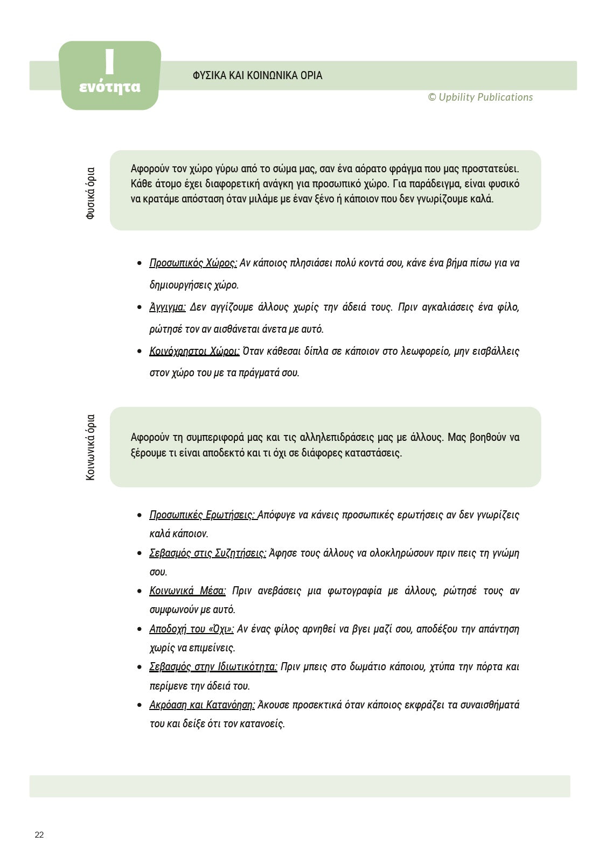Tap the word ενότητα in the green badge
pyautogui.click(x=110, y=87)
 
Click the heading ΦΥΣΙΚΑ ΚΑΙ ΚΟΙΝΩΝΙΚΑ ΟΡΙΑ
pyautogui.click(x=257, y=76)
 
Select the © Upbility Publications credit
pyautogui.click(x=480, y=97)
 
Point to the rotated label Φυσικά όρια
pyautogui.click(x=90, y=193)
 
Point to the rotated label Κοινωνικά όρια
pyautogui.click(x=90, y=447)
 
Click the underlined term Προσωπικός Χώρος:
pyautogui.click(x=193, y=263)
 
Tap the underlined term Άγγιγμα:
pyautogui.click(x=168, y=307)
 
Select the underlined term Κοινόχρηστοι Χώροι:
pyautogui.click(x=194, y=352)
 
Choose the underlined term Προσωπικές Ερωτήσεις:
pyautogui.click(x=203, y=515)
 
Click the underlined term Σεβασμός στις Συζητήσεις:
pyautogui.click(x=207, y=553)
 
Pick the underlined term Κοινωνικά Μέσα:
pyautogui.click(x=187, y=591)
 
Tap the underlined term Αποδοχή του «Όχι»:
pyautogui.click(x=191, y=629)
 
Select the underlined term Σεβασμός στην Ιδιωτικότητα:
pyautogui.click(x=213, y=667)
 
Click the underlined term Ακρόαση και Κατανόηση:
pyautogui.click(x=202, y=705)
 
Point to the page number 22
pyautogui.click(x=39, y=835)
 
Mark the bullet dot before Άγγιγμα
pyautogui.click(x=140, y=308)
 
